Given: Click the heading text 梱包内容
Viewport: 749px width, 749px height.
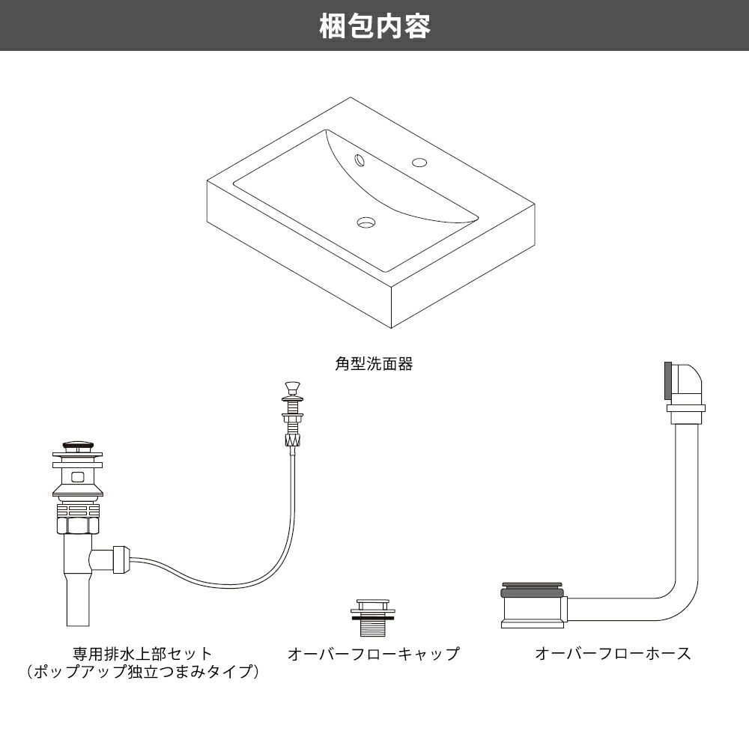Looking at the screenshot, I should (x=374, y=26).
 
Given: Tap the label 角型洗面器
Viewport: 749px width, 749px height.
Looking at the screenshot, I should (x=374, y=366).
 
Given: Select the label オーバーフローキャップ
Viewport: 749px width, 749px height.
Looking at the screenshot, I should (x=373, y=654).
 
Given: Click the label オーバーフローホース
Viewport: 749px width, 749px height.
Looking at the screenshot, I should (x=613, y=654).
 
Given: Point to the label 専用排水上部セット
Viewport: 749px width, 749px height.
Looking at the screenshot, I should (x=142, y=654).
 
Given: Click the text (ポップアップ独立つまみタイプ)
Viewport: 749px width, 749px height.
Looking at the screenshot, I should (x=142, y=672).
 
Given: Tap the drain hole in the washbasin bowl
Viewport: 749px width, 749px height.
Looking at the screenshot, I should (x=366, y=222).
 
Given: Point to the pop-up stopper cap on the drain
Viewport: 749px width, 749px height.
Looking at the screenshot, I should (x=76, y=446).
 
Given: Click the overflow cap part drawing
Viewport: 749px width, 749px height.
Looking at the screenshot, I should (x=372, y=616).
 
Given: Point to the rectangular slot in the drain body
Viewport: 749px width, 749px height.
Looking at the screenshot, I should (x=76, y=475).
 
